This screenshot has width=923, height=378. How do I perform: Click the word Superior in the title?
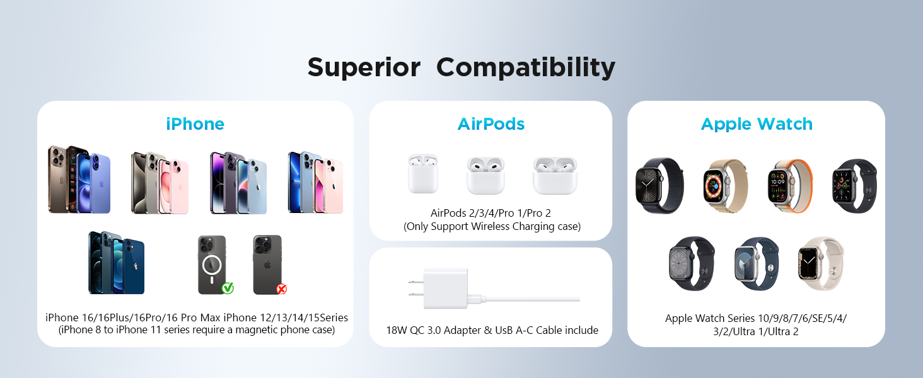(364, 67)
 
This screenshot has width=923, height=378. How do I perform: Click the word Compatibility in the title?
(526, 68)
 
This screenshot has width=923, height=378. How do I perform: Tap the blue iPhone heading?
(195, 124)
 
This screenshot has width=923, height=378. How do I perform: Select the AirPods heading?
(491, 124)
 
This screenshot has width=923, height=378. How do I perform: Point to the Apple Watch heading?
(757, 124)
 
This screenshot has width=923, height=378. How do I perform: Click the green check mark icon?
(228, 288)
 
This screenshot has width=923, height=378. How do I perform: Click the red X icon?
(281, 289)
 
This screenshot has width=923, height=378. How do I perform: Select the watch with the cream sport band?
(821, 263)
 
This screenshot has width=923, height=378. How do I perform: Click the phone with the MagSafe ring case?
(212, 265)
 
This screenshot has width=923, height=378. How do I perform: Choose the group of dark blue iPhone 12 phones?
(116, 263)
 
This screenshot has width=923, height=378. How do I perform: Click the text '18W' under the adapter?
(397, 330)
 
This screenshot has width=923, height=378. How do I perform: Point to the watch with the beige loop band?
(725, 186)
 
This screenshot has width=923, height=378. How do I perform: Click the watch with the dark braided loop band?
(659, 186)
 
